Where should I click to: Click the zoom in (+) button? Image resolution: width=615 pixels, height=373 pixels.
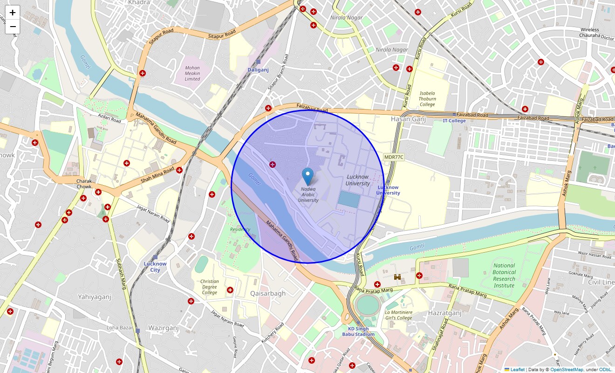click(x=13, y=13)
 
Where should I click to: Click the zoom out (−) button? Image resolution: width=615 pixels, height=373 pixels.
click(x=13, y=27)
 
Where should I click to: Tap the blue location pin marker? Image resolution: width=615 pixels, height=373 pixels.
click(x=307, y=177)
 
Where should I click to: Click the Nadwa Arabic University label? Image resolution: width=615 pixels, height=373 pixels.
click(x=308, y=194)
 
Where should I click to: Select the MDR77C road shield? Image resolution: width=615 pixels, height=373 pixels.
click(x=394, y=157)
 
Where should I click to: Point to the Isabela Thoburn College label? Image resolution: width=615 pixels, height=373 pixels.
click(x=427, y=99)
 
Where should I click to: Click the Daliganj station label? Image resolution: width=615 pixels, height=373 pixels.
click(x=258, y=69)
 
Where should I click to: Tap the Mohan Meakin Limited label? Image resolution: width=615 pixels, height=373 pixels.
click(x=192, y=73)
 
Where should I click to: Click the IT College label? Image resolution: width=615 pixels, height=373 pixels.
click(x=454, y=121)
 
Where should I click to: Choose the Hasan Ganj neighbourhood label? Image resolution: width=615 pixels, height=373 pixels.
click(x=408, y=119)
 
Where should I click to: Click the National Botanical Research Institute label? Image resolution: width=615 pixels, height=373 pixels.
click(x=504, y=276)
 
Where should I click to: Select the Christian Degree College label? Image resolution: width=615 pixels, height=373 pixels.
click(x=209, y=287)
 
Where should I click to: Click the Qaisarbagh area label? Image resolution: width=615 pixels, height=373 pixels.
click(x=267, y=294)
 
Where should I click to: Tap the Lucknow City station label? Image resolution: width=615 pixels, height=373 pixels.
click(x=155, y=266)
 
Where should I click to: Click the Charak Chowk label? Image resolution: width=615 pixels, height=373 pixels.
click(x=84, y=184)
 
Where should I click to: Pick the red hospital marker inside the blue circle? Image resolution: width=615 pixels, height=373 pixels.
click(x=272, y=164)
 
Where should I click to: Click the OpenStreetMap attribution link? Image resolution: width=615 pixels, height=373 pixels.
click(x=567, y=370)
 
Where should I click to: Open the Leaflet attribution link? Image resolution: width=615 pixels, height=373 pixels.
click(x=517, y=370)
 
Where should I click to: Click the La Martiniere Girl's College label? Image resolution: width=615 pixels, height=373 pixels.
click(x=398, y=315)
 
